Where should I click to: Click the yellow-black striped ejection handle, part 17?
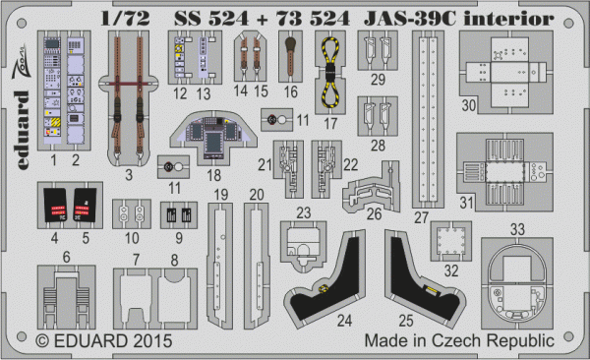(x=329, y=74)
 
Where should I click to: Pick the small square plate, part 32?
(x=451, y=239)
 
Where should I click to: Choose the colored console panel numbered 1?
(x=55, y=89)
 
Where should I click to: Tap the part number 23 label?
(x=304, y=212)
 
